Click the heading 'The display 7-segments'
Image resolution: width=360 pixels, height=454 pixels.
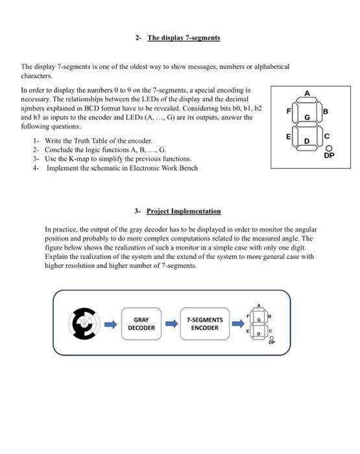[184, 38]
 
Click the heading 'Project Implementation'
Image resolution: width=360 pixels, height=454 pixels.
[184, 211]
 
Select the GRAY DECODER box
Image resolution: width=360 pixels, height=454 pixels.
[141, 324]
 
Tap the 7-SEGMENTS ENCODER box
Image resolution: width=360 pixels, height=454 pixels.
[204, 324]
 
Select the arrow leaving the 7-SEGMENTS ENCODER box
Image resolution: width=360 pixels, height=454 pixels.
[237, 324]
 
